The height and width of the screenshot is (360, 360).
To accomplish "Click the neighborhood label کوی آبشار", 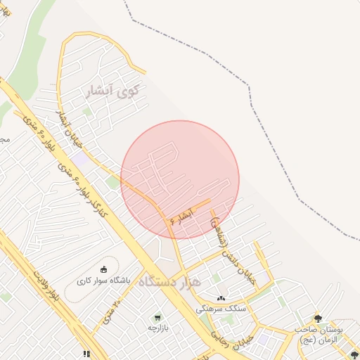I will click(112, 91).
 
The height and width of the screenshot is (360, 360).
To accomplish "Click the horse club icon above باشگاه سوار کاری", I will click(104, 270).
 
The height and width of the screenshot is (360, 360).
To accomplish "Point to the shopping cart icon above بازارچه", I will click(157, 317).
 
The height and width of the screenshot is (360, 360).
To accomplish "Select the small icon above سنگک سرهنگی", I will click(221, 299).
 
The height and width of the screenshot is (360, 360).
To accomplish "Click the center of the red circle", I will click(180, 180).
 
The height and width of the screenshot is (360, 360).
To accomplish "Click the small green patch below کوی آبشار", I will click(87, 111).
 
